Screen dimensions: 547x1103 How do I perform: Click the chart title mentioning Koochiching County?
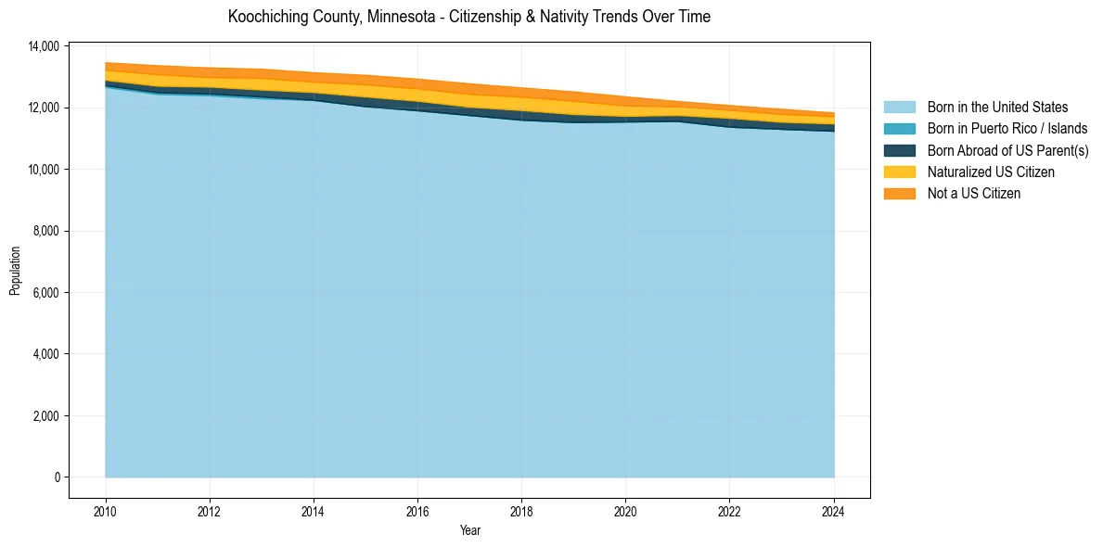468,17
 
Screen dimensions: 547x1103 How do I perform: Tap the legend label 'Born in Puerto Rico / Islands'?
1007,129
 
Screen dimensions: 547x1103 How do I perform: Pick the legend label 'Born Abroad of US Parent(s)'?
1007,150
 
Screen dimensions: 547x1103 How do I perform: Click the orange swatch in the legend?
899,193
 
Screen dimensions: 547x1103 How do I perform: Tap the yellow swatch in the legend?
899,172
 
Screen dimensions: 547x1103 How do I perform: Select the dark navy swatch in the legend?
899,150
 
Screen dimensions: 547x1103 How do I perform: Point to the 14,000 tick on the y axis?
45,46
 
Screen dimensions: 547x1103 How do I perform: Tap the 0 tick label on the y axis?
57,477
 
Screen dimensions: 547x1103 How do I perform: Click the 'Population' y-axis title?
15,271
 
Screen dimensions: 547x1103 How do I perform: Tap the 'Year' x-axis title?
469,530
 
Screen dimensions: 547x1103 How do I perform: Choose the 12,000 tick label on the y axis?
45,108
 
